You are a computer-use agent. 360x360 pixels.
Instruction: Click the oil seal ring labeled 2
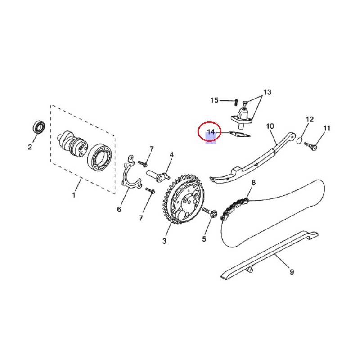[x=39, y=127]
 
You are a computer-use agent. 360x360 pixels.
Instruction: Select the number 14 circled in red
[x=211, y=132]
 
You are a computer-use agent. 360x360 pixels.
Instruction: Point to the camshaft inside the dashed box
[x=72, y=144]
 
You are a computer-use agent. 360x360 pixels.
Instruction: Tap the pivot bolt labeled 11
[x=311, y=146]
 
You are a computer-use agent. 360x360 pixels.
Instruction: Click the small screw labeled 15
[x=236, y=102]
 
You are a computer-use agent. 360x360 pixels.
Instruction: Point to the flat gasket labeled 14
[x=239, y=134]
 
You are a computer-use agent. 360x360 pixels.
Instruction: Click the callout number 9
[x=292, y=272]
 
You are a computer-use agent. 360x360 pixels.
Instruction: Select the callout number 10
[x=270, y=126]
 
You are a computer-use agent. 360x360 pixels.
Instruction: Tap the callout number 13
[x=267, y=92]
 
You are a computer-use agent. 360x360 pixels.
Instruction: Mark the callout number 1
[x=74, y=195]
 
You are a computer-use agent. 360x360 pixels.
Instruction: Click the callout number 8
[x=253, y=183]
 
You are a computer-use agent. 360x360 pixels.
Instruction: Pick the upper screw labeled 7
[x=143, y=164]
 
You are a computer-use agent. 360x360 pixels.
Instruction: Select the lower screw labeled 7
[x=150, y=190]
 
